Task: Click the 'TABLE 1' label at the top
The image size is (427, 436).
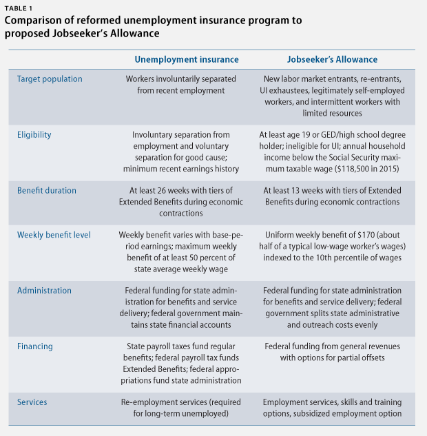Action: (x=19, y=9)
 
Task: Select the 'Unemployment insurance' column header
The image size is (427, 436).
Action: (x=187, y=59)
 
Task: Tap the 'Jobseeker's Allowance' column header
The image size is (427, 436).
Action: (x=332, y=59)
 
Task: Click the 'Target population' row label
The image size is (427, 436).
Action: (x=50, y=79)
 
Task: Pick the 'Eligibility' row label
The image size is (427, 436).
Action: (x=34, y=135)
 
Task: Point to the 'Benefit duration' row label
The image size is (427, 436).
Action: (x=47, y=191)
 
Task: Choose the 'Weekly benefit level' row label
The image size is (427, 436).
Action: (x=54, y=235)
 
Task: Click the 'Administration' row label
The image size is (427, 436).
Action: (x=44, y=291)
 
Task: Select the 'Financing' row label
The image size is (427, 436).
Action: (x=35, y=346)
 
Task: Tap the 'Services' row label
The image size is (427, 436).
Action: (x=32, y=402)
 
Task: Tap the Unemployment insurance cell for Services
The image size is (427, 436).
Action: (x=181, y=408)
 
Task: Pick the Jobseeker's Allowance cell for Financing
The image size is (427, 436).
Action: (x=332, y=352)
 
